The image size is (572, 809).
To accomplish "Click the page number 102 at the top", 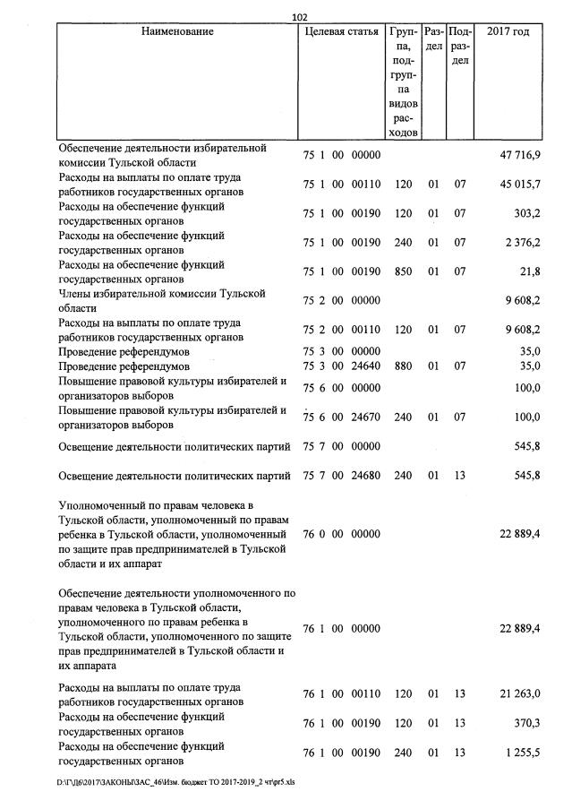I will point(300,15).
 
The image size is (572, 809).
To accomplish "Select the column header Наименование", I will point(177,32).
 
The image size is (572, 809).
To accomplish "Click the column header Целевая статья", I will point(341,32).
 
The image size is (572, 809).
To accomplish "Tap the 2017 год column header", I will point(508,32).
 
